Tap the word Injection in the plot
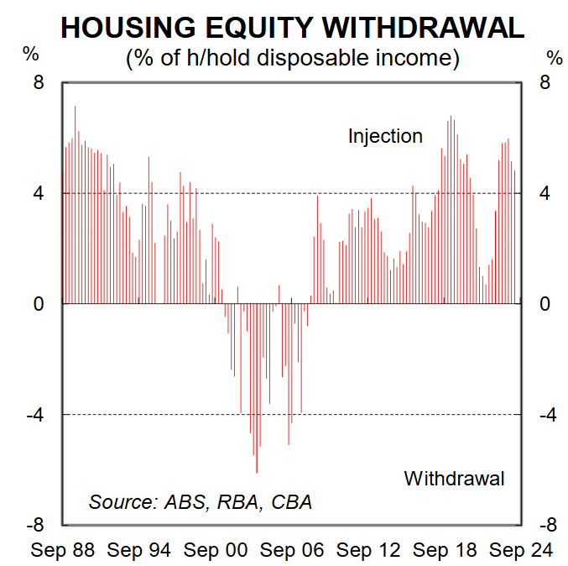point(385,135)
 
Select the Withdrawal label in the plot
point(454,478)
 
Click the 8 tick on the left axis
point(39,82)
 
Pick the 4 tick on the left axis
point(39,193)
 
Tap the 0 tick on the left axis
point(39,304)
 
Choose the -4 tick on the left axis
point(34,415)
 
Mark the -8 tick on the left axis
point(34,525)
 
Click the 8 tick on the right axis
point(545,82)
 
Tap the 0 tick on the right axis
point(545,304)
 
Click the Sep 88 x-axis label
point(62,550)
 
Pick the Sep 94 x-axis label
point(139,550)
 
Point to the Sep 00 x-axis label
point(216,550)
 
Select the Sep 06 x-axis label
point(292,550)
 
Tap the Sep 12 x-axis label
point(368,550)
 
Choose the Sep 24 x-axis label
point(521,550)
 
